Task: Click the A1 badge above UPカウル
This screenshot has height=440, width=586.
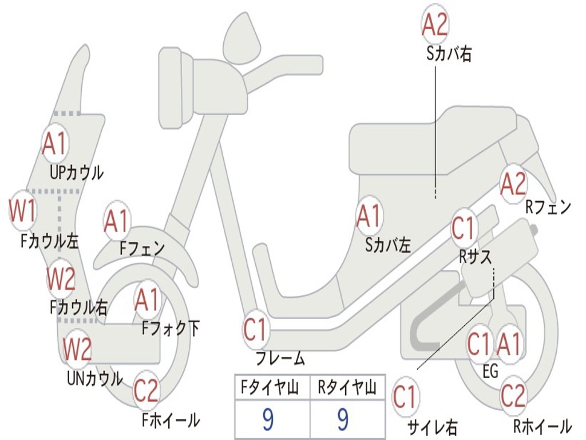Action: [x=55, y=145]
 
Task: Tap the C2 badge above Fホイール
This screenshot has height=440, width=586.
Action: [x=146, y=391]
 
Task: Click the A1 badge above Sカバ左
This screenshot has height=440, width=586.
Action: [x=369, y=216]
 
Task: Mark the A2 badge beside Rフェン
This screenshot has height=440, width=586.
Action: [x=513, y=184]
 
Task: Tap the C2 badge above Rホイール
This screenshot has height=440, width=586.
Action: [x=513, y=395]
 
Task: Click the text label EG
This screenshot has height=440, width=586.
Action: [x=490, y=371]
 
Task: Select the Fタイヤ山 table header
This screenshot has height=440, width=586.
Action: [x=272, y=388]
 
